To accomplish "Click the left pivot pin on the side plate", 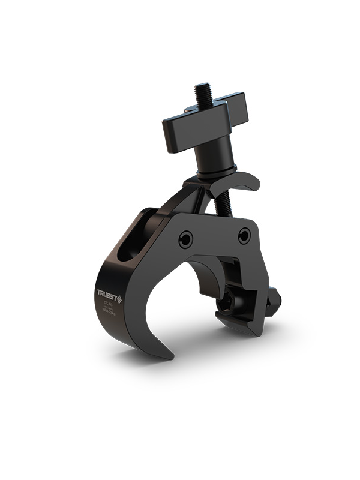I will click(x=187, y=241).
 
